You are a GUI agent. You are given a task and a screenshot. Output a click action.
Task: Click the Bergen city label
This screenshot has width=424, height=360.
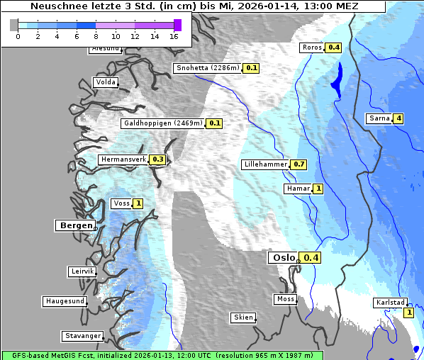coord(74,225)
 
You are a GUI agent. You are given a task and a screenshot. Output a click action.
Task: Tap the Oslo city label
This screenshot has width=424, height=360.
coord(282,258)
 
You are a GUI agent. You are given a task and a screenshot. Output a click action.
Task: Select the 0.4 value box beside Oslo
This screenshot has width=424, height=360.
coord(311,258)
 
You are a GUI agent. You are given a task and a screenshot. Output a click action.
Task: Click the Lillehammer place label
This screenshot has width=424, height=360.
coord(265,164)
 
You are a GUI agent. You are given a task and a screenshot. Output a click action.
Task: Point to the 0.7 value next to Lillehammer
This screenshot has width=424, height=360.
coord(299,164)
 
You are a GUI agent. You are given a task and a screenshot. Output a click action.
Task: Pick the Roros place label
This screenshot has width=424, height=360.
coord(312,47)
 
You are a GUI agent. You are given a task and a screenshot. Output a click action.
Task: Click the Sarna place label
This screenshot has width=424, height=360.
coord(379,118)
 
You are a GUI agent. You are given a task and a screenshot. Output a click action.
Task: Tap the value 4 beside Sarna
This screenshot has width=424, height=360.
coord(398,118)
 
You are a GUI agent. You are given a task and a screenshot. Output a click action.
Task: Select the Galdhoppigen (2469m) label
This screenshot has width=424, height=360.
coord(163,123)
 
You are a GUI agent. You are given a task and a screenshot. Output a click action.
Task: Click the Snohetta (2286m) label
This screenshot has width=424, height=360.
coord(208,68)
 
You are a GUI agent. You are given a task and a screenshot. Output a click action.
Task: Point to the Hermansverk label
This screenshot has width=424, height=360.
coord(123,159)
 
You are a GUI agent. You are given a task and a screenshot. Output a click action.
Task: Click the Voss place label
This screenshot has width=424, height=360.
coord(121,203)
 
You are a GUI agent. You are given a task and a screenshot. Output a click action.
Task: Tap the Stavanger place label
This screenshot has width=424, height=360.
coord(82,336)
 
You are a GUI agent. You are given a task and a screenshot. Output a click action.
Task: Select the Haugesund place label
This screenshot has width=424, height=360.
coord(65,301)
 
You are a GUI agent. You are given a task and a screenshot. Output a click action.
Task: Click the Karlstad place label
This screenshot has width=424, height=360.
coord(390,303)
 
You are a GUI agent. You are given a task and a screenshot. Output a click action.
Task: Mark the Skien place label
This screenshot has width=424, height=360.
coord(242,317)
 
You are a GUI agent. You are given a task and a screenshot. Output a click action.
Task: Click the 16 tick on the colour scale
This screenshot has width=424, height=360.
coord(174,36)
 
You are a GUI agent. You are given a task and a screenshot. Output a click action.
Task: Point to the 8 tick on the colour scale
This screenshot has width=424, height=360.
coord(96,36)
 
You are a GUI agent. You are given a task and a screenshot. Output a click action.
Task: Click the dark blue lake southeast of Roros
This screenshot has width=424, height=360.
coord(336,79)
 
